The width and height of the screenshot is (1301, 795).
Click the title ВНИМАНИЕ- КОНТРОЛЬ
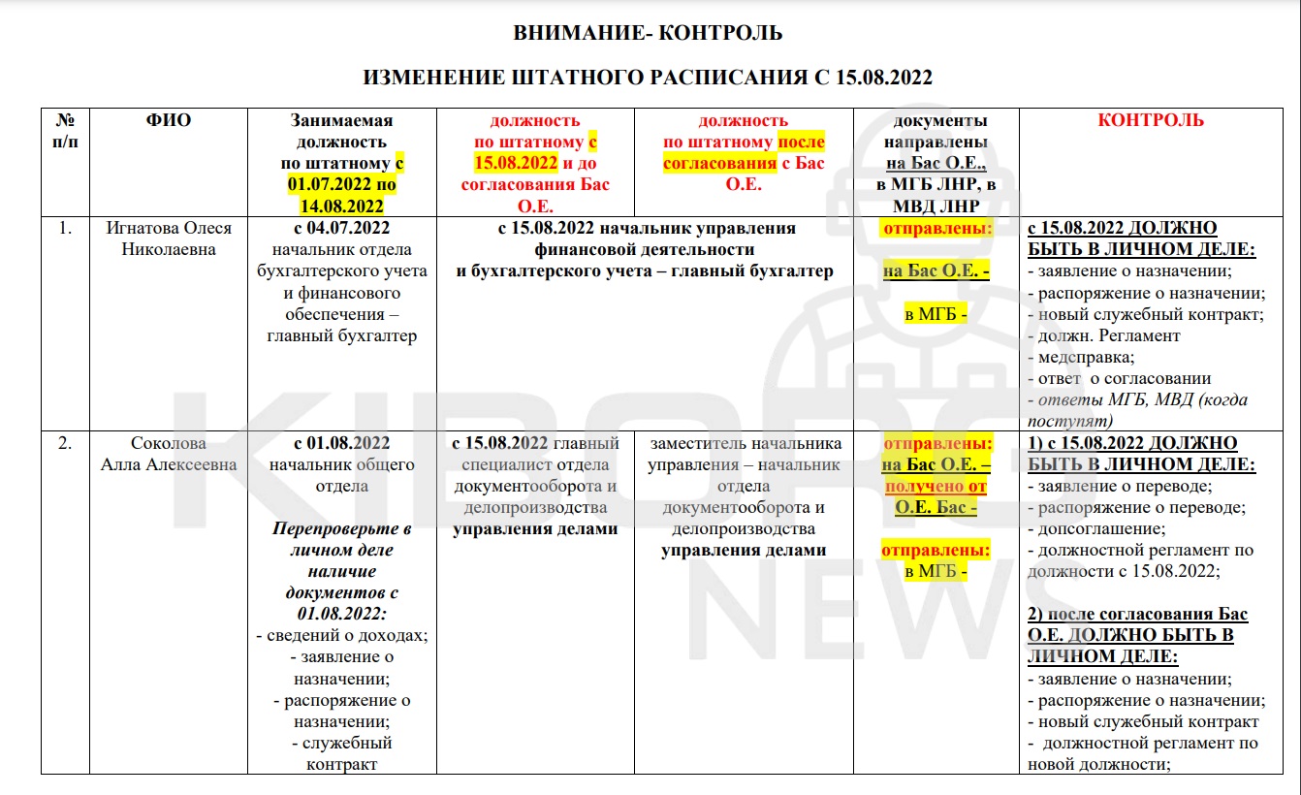point(647,34)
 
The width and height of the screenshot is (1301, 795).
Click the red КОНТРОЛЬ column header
point(1151,121)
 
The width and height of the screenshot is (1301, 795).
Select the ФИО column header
point(169,121)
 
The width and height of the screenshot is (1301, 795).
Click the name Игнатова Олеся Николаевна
point(169,238)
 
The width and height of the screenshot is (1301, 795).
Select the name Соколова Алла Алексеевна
point(169,454)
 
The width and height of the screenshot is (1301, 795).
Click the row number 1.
point(64,229)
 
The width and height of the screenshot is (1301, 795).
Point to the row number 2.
point(64,444)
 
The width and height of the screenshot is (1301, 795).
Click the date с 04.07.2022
point(341,229)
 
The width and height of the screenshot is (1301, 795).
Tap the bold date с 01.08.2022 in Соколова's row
point(341,444)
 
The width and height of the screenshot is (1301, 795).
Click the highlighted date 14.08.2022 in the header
point(341,207)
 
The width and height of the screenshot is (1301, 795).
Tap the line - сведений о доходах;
point(341,636)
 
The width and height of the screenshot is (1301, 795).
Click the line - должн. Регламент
point(1103,336)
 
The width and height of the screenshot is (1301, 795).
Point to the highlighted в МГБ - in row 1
point(936,315)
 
